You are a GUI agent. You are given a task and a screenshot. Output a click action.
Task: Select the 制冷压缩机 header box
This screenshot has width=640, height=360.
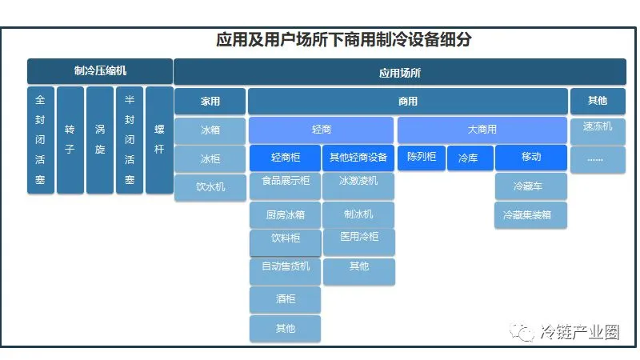(x=100, y=71)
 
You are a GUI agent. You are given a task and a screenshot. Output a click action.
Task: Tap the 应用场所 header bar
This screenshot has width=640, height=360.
(x=399, y=72)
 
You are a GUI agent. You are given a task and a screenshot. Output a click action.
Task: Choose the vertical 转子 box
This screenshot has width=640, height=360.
(x=70, y=140)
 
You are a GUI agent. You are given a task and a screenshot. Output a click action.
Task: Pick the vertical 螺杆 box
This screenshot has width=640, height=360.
(x=158, y=140)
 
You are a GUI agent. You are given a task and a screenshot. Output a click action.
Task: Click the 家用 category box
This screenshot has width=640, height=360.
(x=210, y=102)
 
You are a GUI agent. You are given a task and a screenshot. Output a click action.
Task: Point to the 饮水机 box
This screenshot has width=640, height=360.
(x=210, y=187)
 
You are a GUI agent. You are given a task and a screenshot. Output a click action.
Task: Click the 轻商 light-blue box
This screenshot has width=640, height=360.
(x=321, y=130)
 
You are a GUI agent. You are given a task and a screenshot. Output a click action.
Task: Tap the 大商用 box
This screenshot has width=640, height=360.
(x=482, y=130)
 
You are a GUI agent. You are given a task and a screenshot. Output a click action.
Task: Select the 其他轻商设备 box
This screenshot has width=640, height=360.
(x=358, y=158)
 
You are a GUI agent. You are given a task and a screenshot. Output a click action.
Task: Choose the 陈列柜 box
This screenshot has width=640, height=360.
(x=421, y=157)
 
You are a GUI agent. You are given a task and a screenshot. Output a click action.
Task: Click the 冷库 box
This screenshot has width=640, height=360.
(x=469, y=158)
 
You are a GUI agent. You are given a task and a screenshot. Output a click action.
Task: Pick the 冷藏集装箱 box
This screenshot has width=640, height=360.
(x=530, y=215)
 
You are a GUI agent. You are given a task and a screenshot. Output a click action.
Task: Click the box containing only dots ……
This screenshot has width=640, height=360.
(x=597, y=158)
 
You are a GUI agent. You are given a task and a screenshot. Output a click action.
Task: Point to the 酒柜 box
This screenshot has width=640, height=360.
(x=285, y=299)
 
